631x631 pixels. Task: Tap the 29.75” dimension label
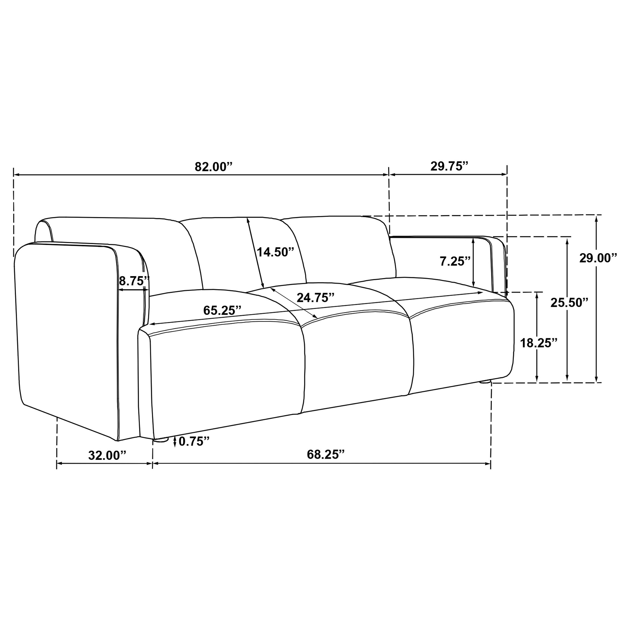[449, 166]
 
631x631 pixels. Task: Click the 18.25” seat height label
[539, 343]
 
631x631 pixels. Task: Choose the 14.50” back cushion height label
[275, 252]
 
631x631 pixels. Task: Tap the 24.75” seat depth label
[315, 298]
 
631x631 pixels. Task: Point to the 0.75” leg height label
[194, 441]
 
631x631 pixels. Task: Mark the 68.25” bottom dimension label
[326, 454]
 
